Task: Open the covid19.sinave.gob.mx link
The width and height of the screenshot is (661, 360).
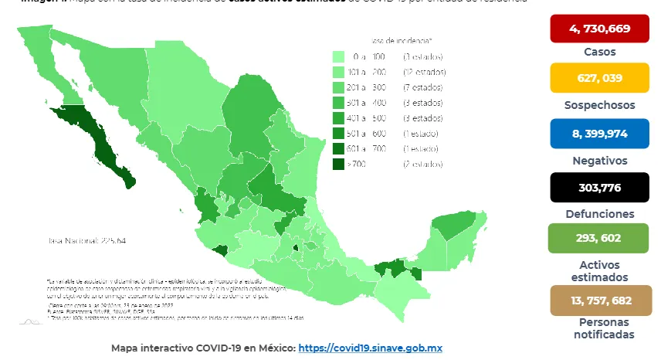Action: pos(371,348)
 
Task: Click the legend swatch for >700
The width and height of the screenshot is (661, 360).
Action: pos(338,164)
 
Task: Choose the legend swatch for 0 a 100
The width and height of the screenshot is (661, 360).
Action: pos(338,56)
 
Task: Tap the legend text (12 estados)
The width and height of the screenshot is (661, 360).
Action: pos(425,72)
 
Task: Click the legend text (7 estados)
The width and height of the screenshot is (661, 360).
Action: pos(422,87)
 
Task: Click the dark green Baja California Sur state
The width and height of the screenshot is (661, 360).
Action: pos(104,147)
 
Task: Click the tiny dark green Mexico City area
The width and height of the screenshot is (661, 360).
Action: pos(294,248)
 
